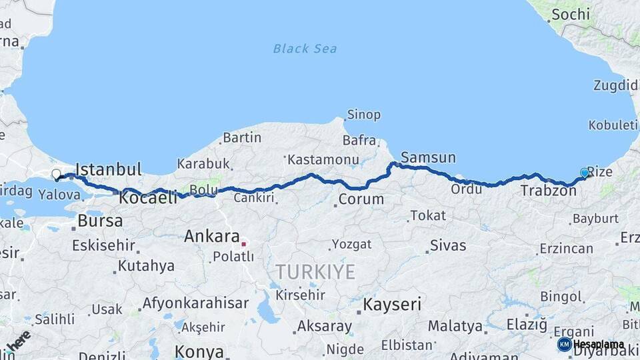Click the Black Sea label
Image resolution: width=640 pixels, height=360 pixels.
(x=305, y=49)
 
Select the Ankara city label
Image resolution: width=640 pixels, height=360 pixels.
(x=211, y=236)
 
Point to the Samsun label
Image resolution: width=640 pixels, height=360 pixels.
(x=429, y=158)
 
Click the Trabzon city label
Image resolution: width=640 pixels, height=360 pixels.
(x=548, y=191)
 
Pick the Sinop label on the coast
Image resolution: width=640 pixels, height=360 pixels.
(x=363, y=115)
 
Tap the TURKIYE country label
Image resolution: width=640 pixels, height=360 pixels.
(x=315, y=271)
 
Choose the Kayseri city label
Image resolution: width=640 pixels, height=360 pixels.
(x=392, y=305)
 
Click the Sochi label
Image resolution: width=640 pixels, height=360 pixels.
(x=570, y=14)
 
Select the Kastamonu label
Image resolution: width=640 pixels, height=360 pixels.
(x=323, y=160)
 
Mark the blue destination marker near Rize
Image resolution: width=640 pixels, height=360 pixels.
(x=585, y=173)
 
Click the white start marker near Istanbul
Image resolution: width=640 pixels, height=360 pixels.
(x=56, y=175)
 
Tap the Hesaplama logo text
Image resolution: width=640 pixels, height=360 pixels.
(x=599, y=345)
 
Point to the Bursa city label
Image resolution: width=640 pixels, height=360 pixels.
(x=100, y=221)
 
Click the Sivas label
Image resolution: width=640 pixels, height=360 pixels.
(x=448, y=245)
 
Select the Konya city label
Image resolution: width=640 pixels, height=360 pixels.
(x=199, y=351)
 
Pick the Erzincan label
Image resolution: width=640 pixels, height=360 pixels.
(x=566, y=249)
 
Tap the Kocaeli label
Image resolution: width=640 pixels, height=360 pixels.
(x=148, y=197)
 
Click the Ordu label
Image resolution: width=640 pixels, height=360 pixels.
(x=467, y=189)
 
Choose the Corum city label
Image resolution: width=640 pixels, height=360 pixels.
(x=361, y=199)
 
